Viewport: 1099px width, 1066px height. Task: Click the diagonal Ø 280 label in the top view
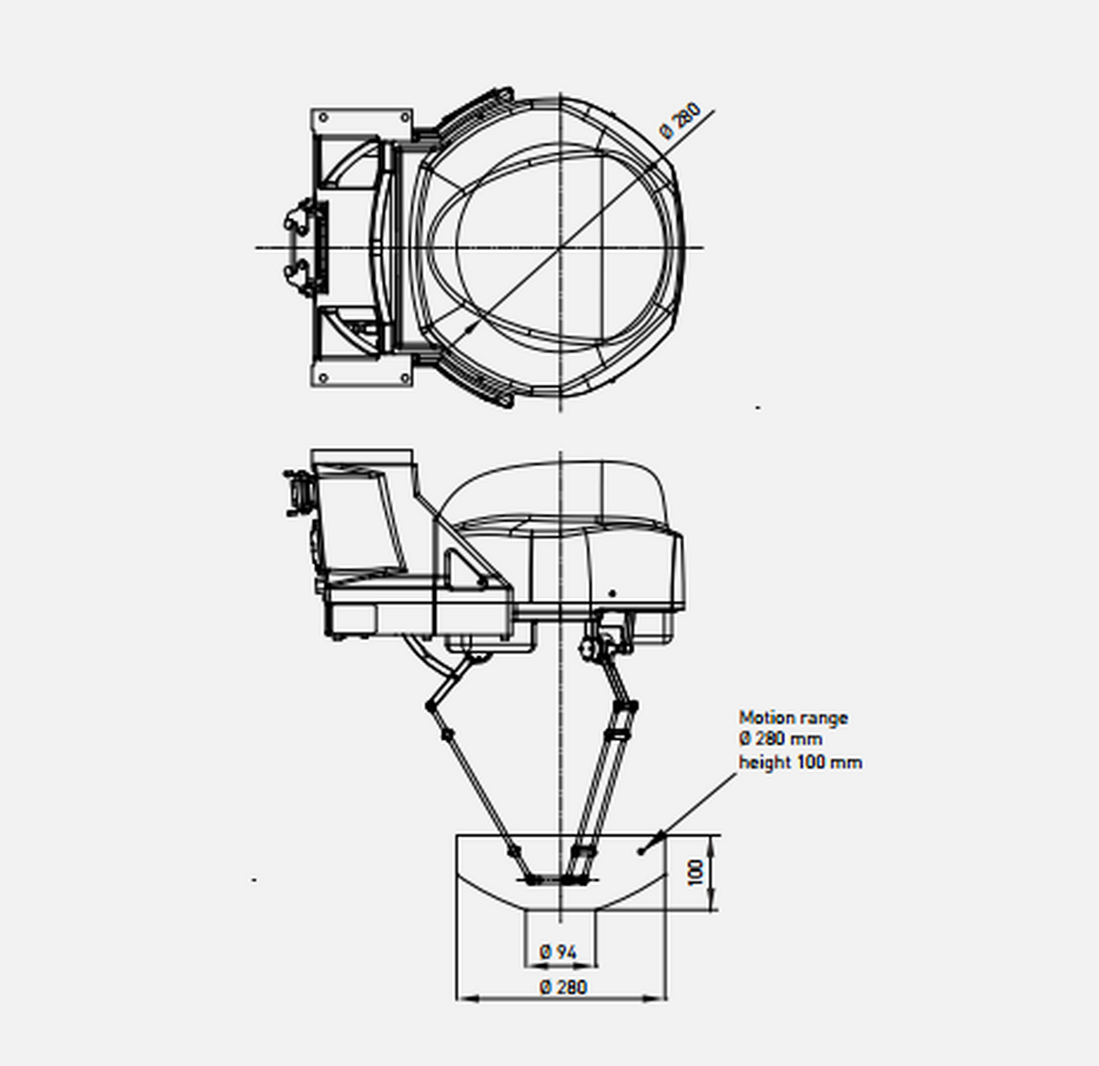click(x=680, y=121)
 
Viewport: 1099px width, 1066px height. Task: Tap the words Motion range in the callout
click(x=793, y=718)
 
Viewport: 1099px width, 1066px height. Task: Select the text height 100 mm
click(x=800, y=762)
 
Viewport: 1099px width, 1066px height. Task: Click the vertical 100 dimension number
click(x=697, y=872)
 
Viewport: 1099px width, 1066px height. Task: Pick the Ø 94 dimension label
click(x=559, y=952)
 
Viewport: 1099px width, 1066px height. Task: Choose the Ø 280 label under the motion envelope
click(x=563, y=987)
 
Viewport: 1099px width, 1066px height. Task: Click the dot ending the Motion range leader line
click(x=641, y=851)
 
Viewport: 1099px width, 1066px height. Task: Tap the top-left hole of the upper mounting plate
click(x=321, y=117)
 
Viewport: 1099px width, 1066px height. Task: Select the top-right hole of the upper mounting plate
click(x=404, y=117)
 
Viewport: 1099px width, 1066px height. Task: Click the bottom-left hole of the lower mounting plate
click(x=321, y=377)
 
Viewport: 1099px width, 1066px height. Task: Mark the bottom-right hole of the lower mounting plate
click(x=404, y=377)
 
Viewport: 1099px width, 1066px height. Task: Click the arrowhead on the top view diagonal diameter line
click(x=472, y=327)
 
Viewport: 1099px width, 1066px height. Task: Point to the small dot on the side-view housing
click(x=614, y=593)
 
